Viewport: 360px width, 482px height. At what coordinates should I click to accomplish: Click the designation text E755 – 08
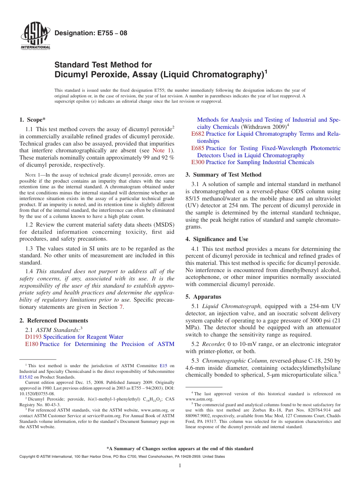point(91,33)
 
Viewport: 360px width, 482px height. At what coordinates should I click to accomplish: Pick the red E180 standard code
point(31,344)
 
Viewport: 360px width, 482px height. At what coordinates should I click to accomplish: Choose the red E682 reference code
point(198,134)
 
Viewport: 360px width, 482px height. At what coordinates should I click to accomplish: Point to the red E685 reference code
point(198,148)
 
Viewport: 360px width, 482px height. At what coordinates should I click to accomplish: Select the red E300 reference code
point(198,162)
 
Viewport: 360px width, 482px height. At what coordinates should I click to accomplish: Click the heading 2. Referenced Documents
point(53,321)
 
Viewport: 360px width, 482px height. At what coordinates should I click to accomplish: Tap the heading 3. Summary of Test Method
point(223,175)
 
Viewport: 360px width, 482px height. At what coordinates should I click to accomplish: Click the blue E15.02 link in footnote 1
point(25,377)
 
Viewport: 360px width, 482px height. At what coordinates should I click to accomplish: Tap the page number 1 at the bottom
point(180,465)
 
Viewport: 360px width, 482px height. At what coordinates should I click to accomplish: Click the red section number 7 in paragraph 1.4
point(121,307)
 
